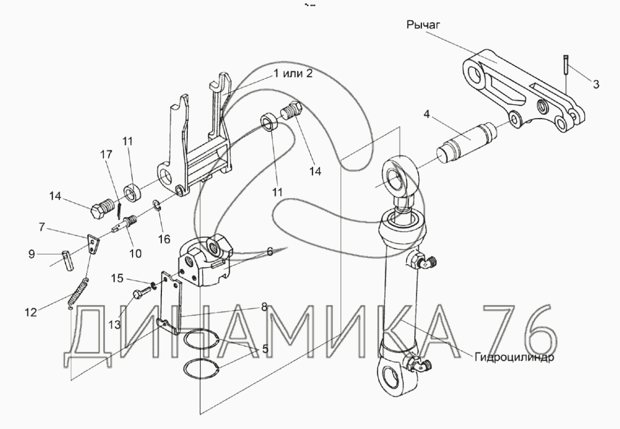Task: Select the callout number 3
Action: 596,85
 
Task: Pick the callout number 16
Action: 164,239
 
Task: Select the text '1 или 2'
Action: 292,73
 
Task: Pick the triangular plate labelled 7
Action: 92,244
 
